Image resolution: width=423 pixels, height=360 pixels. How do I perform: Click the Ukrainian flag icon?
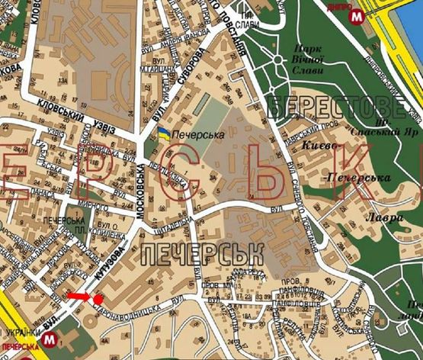click(x=164, y=135)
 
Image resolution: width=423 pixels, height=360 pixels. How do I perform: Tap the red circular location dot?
click(x=98, y=299)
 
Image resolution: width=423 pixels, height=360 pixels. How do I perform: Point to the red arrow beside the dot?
click(x=78, y=296)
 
